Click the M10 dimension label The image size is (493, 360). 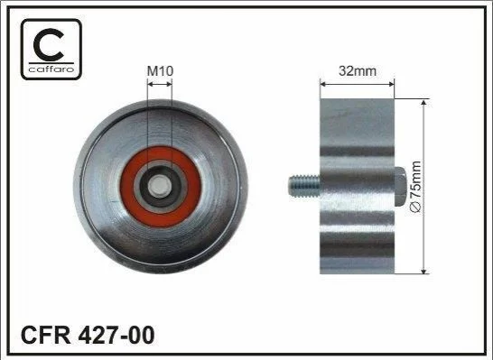pyautogui.click(x=160, y=71)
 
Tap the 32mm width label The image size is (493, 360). pyautogui.click(x=358, y=71)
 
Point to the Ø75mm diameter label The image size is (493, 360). pyautogui.click(x=416, y=188)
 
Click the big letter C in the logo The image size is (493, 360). pyautogui.click(x=49, y=44)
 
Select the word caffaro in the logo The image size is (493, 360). pyautogui.click(x=51, y=69)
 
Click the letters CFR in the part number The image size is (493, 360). pyautogui.click(x=45, y=335)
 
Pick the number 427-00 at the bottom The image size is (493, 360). pyautogui.click(x=116, y=335)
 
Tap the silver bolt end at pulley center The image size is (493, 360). pyautogui.click(x=161, y=187)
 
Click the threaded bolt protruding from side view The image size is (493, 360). pyautogui.click(x=304, y=186)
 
